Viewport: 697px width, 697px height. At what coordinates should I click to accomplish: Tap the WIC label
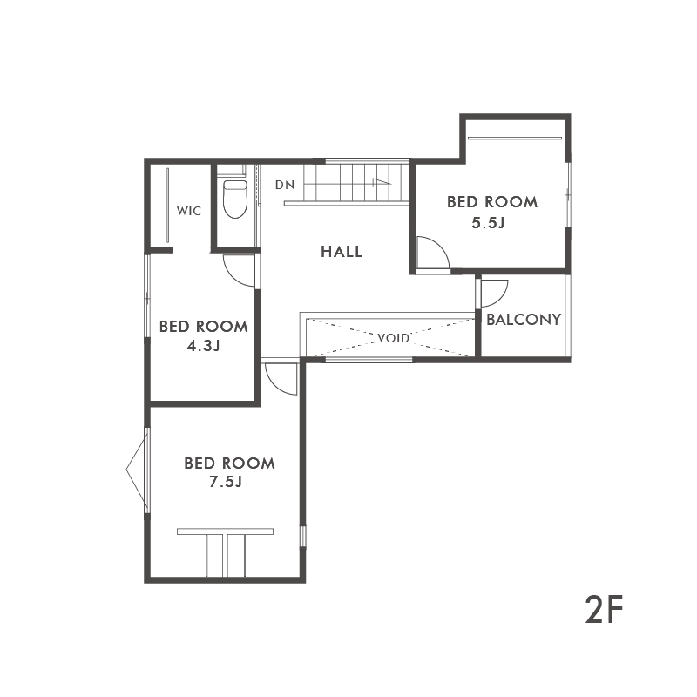tap(189, 211)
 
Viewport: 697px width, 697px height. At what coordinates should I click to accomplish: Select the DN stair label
tap(285, 185)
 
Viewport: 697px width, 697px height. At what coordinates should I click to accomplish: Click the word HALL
tap(342, 252)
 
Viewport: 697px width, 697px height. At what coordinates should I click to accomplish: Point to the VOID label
tap(393, 338)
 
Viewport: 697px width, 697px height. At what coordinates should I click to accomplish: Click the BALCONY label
tap(524, 319)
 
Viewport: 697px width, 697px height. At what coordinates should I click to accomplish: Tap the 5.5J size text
tap(488, 222)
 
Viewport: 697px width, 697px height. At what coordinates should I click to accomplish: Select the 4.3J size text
tap(203, 346)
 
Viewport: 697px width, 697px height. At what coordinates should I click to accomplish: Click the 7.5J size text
tap(226, 482)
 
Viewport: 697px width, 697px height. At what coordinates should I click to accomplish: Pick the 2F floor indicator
tap(605, 609)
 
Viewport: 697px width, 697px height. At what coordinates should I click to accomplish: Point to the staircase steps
tap(356, 182)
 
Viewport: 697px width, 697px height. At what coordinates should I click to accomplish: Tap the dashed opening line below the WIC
tap(191, 247)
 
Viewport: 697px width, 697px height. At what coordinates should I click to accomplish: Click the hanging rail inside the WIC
tap(167, 206)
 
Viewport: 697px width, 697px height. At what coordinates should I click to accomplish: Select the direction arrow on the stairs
tap(382, 182)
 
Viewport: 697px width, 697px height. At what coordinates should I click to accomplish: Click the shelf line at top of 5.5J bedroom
tap(515, 139)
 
